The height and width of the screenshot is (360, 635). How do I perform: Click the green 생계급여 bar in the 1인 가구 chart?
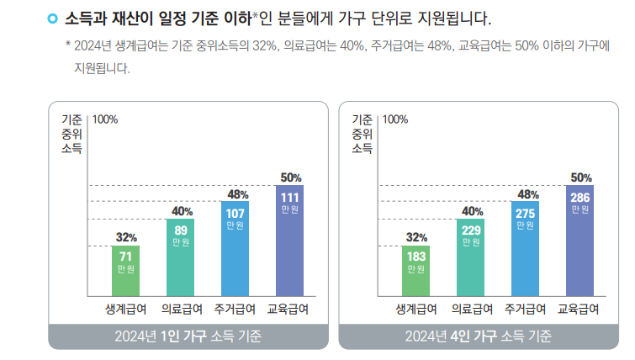click(x=125, y=270)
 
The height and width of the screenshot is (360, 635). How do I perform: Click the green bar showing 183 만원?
click(x=416, y=270)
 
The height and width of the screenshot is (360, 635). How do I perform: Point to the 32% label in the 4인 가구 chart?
click(x=416, y=237)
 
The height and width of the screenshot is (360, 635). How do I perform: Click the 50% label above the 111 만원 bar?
click(x=290, y=177)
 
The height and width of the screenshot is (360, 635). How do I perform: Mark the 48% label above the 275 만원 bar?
click(x=526, y=194)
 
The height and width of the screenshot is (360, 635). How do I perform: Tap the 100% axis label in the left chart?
click(x=104, y=119)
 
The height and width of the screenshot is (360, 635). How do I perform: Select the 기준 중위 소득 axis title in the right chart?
click(x=362, y=134)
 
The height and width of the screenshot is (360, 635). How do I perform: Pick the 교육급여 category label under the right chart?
click(x=580, y=310)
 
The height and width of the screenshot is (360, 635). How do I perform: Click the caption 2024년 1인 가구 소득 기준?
click(x=188, y=336)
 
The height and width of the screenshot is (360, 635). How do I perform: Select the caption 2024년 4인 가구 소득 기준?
click(x=478, y=336)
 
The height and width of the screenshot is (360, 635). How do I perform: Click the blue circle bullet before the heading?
click(x=53, y=19)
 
